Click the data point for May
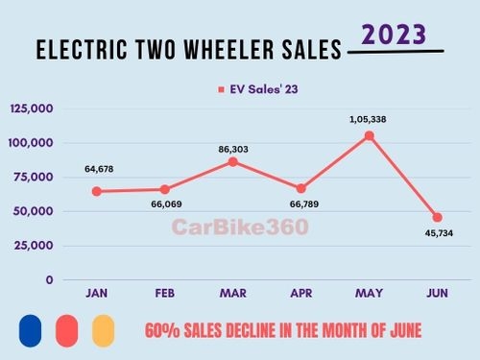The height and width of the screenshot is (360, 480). coord(370,135)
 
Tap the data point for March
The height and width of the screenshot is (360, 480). coord(233,161)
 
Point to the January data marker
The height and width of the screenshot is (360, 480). coord(96,191)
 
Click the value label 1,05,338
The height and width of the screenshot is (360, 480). coord(370,119)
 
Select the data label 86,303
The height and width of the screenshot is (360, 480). coord(233,144)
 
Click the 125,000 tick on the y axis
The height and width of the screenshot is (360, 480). coord(33,108)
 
